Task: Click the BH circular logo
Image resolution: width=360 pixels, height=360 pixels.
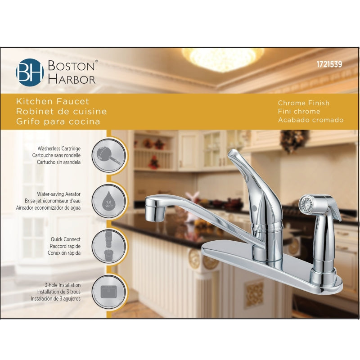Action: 30,72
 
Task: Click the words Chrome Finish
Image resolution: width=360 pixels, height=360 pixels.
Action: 303,103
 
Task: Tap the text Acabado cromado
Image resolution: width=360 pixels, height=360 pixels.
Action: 310,120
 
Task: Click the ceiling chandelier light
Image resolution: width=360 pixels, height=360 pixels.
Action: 222,58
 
